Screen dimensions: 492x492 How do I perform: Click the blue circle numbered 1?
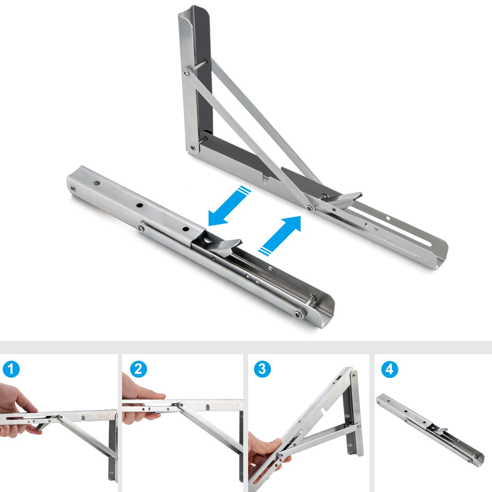[11, 369]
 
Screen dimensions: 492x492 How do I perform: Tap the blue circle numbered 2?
[138, 369]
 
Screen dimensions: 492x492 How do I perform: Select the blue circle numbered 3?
[262, 369]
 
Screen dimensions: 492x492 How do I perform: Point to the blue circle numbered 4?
[390, 369]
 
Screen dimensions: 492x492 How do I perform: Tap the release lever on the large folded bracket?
[226, 246]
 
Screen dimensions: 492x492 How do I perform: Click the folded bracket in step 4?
[430, 430]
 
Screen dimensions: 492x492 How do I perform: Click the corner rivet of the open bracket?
[192, 148]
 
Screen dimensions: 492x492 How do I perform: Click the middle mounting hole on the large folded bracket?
[140, 205]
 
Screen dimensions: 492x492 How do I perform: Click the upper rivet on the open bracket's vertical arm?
[186, 73]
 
